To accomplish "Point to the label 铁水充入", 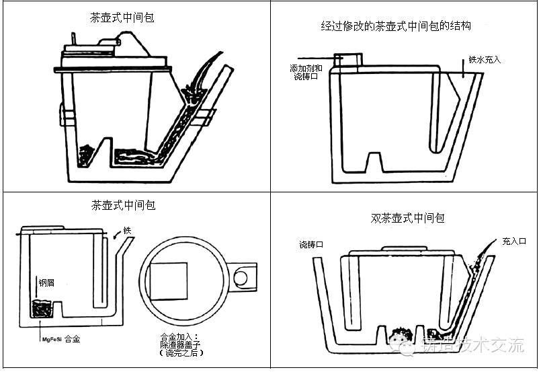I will (485, 60).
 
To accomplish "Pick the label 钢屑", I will (46, 283).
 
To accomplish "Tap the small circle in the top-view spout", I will (241, 276).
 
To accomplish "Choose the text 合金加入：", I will (177, 336).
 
